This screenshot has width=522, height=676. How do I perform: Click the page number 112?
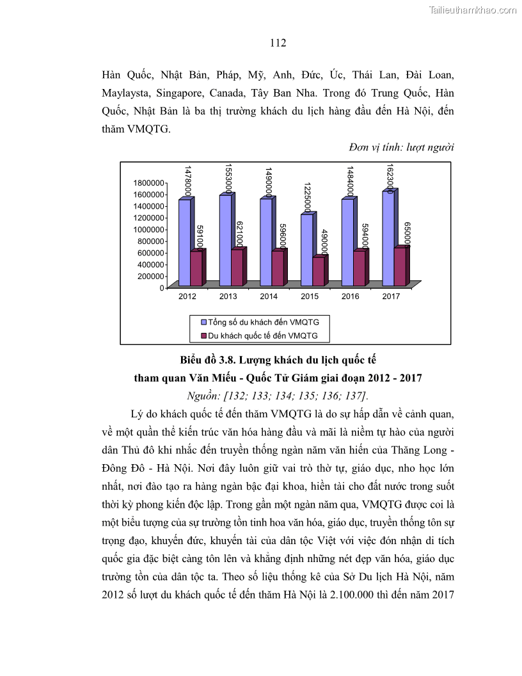278,44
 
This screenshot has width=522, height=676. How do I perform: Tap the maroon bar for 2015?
317,271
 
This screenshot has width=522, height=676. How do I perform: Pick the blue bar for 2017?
388,238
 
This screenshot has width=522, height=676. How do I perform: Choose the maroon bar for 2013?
236,267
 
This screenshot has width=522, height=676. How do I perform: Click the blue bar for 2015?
306,250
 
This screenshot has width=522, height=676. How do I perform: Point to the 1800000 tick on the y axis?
147,182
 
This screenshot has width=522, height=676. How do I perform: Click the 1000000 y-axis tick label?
147,229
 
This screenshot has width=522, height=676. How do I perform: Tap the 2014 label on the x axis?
269,297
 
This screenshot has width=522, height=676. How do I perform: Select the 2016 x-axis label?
351,297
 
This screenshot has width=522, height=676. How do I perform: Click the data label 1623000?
388,176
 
